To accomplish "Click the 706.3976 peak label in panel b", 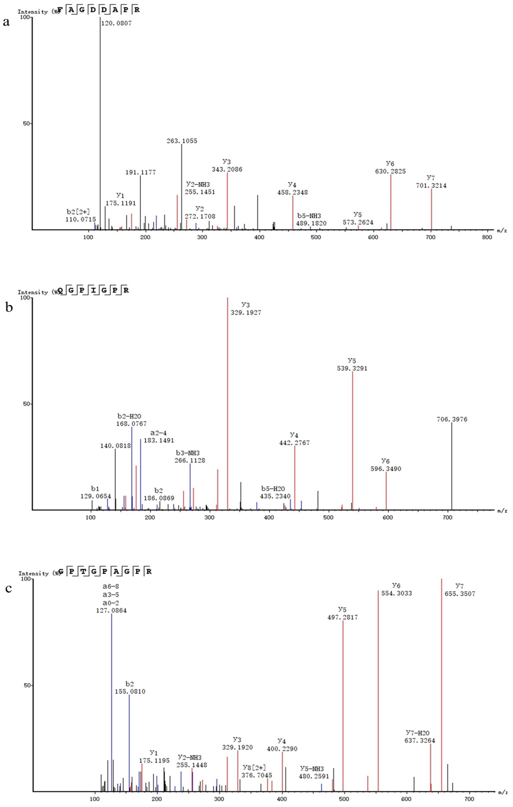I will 452,419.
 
